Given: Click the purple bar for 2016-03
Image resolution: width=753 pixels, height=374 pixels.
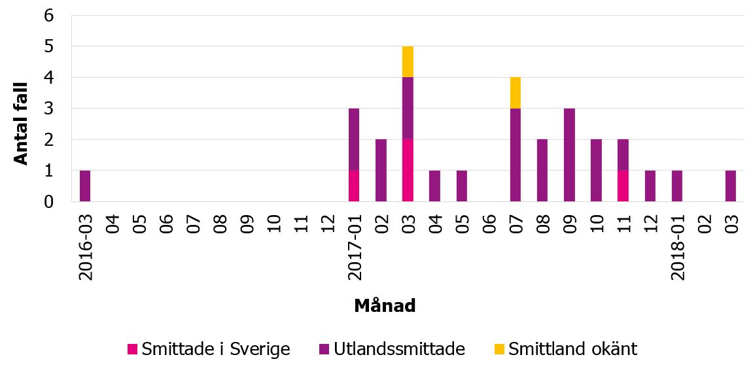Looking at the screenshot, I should [85, 186].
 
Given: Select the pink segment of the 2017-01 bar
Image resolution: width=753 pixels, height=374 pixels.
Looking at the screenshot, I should [354, 186].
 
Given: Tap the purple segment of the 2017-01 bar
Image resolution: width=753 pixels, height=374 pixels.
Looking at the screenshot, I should [354, 139].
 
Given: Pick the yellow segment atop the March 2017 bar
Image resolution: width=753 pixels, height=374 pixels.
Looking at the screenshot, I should [408, 61].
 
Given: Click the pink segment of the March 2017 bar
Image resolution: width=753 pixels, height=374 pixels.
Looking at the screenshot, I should [408, 170].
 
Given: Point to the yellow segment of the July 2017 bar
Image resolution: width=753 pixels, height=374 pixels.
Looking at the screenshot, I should [516, 92].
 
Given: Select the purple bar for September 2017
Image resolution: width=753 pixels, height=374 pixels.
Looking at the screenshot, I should [569, 155].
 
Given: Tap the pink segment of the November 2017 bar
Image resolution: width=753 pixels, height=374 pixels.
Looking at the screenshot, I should [623, 186].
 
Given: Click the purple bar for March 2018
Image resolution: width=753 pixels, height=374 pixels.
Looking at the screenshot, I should [731, 186].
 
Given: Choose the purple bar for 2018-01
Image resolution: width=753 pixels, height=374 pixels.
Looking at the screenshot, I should [677, 186].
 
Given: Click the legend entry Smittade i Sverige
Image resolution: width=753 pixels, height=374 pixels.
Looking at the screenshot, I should [209, 349].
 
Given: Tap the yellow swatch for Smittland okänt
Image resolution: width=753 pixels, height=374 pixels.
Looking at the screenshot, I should [499, 349].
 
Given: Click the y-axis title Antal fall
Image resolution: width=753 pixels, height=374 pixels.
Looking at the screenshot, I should [22, 123].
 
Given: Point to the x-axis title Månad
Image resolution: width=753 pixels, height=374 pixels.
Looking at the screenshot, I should [385, 305].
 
